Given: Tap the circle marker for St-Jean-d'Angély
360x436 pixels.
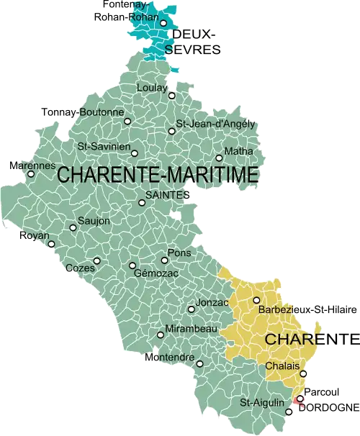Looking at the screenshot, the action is click(x=171, y=131).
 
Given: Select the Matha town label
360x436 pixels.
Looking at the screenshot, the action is click(x=239, y=151).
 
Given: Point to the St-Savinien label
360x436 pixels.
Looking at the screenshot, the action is click(x=103, y=147).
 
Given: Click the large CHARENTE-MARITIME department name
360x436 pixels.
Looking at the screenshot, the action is click(x=157, y=174).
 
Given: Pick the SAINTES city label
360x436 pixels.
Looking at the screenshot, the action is click(x=166, y=195).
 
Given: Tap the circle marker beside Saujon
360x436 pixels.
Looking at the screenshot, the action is click(x=73, y=227).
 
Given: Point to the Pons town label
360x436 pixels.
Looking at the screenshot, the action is click(x=179, y=253).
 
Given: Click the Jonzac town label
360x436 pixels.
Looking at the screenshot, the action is click(x=212, y=303).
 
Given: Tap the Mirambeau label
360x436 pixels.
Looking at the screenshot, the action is click(x=192, y=328).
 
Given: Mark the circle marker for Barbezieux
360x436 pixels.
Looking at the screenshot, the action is click(x=256, y=300).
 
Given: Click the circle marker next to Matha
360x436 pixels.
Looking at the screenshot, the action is click(x=219, y=158).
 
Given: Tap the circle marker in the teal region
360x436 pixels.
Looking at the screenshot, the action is click(x=163, y=23).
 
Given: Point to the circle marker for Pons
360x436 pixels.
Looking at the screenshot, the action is click(x=164, y=260).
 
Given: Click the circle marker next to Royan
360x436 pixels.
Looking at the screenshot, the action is click(x=50, y=243).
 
